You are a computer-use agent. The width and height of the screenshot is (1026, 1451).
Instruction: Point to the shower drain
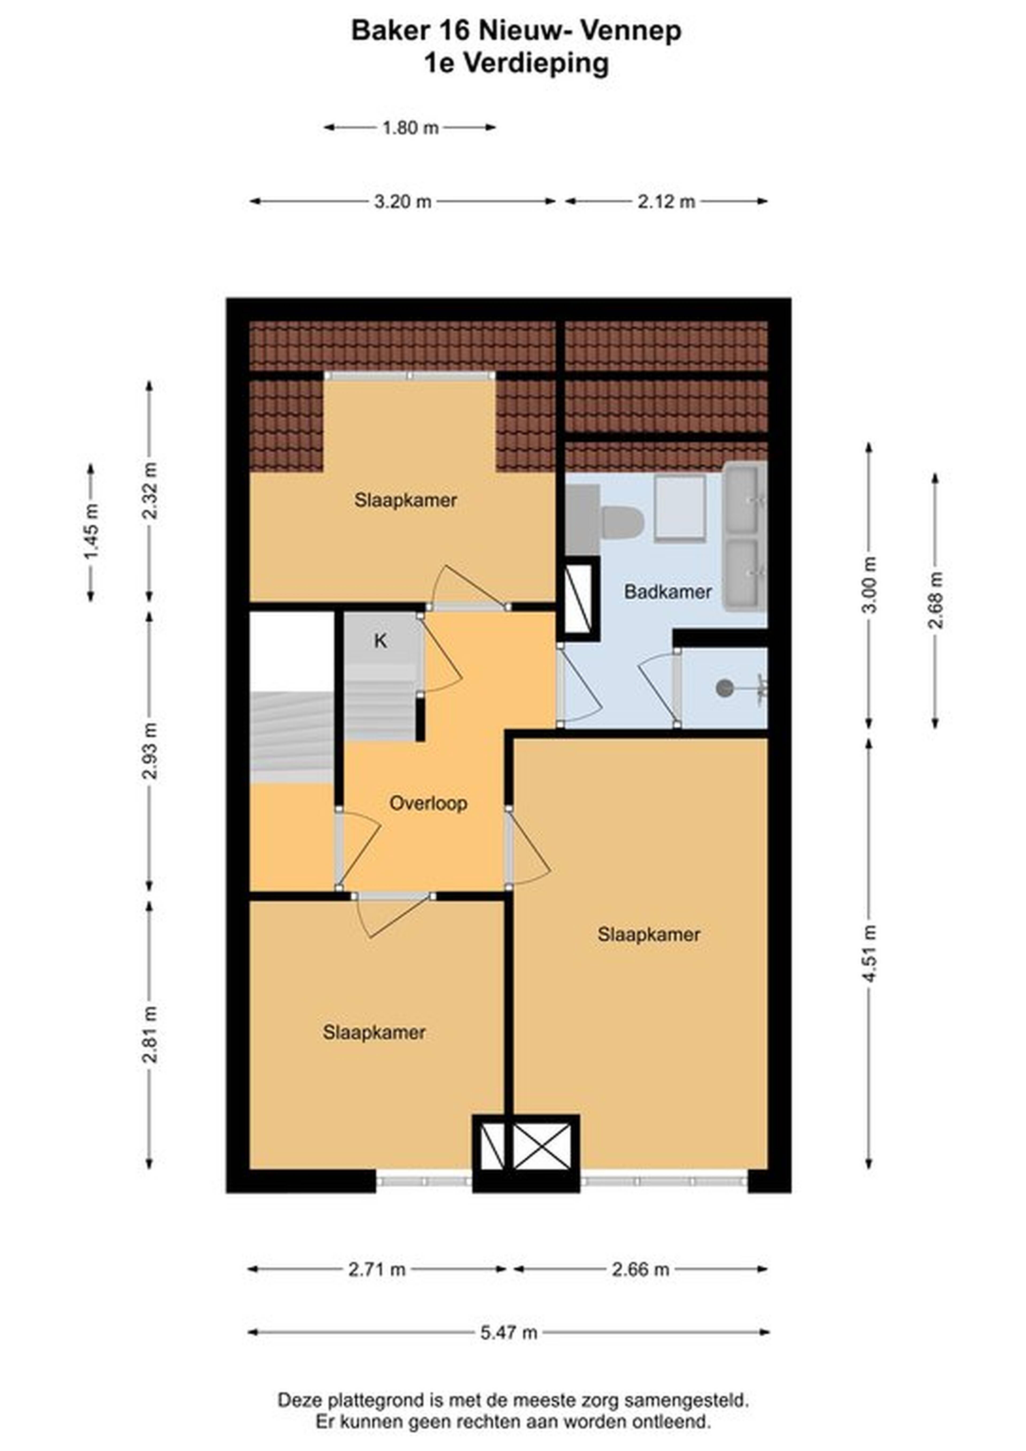(724, 688)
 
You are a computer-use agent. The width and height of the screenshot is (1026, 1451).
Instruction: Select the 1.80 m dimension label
(410, 128)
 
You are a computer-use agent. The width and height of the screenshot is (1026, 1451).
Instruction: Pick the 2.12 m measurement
(666, 202)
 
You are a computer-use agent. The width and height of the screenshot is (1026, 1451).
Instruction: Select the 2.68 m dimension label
(936, 600)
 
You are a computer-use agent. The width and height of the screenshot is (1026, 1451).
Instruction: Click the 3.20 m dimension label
(403, 202)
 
